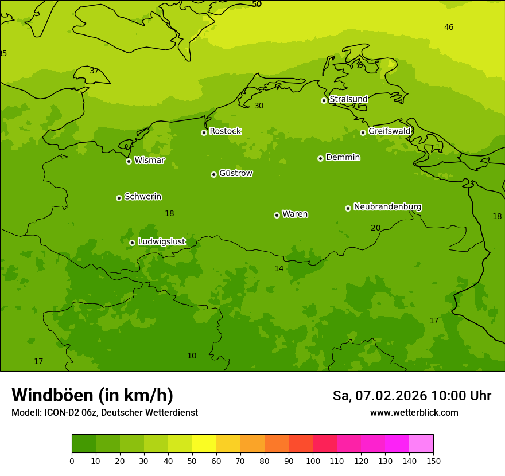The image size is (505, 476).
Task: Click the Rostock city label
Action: (225, 131)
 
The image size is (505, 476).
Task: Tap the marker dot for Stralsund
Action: (324, 100)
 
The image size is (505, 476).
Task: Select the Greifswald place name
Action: (389, 131)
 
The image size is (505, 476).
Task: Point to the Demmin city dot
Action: (320, 158)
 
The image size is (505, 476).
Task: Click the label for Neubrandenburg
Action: (387, 207)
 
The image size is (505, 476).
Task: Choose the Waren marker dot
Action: (277, 215)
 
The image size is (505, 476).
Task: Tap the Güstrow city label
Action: (235, 173)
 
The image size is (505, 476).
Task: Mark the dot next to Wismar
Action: (129, 161)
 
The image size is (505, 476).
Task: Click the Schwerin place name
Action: (142, 197)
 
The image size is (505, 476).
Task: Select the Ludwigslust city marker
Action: (132, 243)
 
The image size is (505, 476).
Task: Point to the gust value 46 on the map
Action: (449, 27)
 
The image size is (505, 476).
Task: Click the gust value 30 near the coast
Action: (259, 106)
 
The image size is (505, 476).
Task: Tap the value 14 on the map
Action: (279, 268)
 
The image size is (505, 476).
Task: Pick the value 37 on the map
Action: (94, 71)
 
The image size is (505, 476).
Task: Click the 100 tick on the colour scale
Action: (313, 461)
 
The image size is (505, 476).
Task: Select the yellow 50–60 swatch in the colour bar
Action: (204, 444)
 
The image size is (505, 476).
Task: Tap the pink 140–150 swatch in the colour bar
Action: (421, 444)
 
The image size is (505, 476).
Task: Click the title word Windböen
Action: (52, 395)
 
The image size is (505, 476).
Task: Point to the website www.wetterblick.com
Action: (414, 413)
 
